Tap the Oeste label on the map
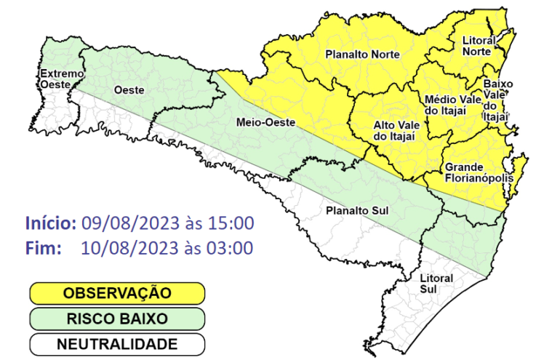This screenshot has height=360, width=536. click(x=129, y=89)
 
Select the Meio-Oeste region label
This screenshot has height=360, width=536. click(x=265, y=123)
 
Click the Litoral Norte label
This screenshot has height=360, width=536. click(x=479, y=46)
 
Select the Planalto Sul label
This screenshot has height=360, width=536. click(x=356, y=210)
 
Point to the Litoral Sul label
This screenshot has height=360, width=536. click(x=436, y=284)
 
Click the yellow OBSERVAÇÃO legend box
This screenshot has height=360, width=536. click(x=117, y=293)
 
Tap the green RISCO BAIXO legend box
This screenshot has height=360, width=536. click(x=117, y=319)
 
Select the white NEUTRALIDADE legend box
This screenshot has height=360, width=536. click(x=117, y=343)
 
